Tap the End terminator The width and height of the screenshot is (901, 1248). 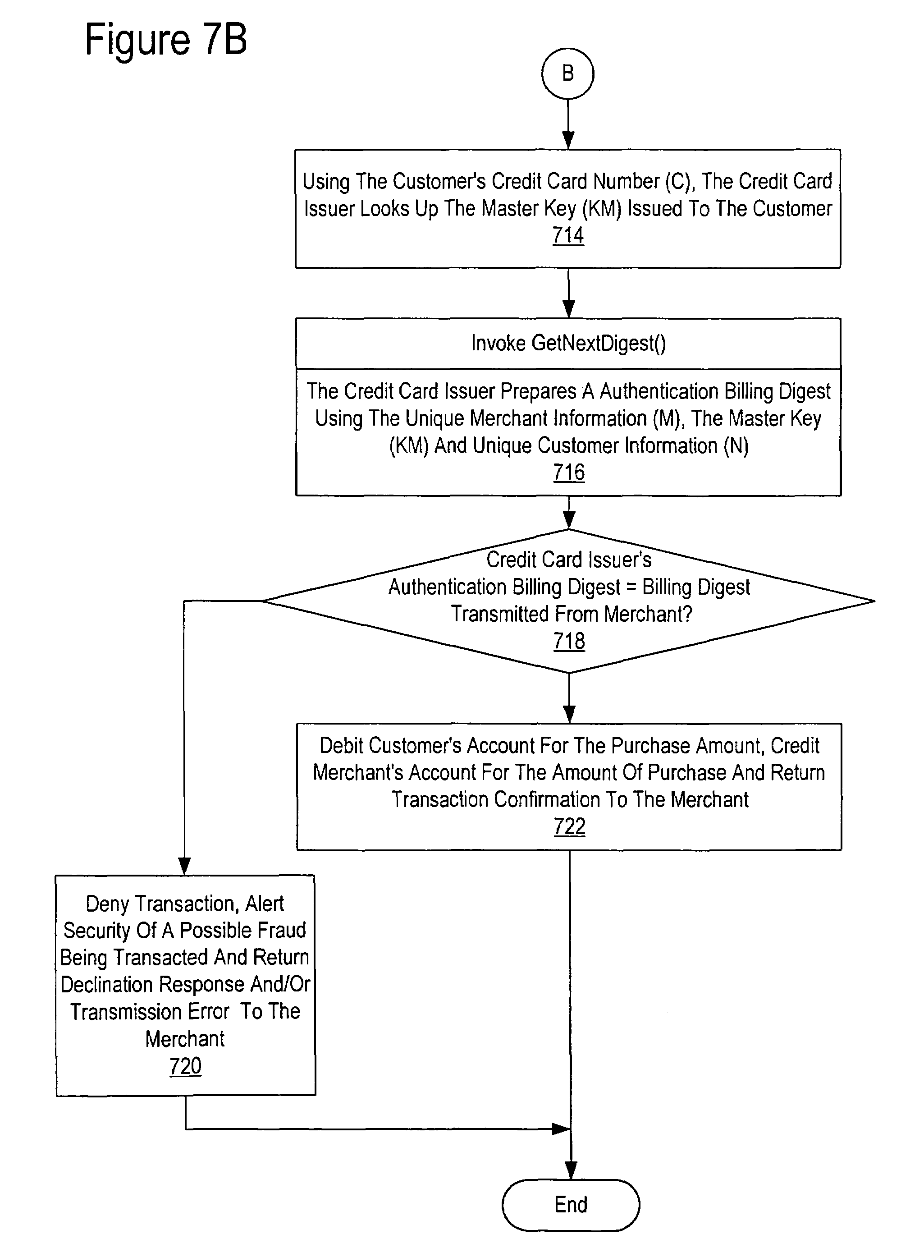[571, 1205]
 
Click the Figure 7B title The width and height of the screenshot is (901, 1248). [166, 40]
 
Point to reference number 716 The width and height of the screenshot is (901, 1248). [569, 473]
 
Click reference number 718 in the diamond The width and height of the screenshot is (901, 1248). [569, 641]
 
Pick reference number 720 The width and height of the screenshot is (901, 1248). [185, 1066]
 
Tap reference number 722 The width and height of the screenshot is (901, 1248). [570, 826]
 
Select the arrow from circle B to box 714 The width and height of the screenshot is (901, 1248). [568, 124]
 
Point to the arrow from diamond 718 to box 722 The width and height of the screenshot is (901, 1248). [569, 698]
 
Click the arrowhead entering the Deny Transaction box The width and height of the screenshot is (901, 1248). [184, 866]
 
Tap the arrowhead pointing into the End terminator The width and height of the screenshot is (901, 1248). [571, 1170]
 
